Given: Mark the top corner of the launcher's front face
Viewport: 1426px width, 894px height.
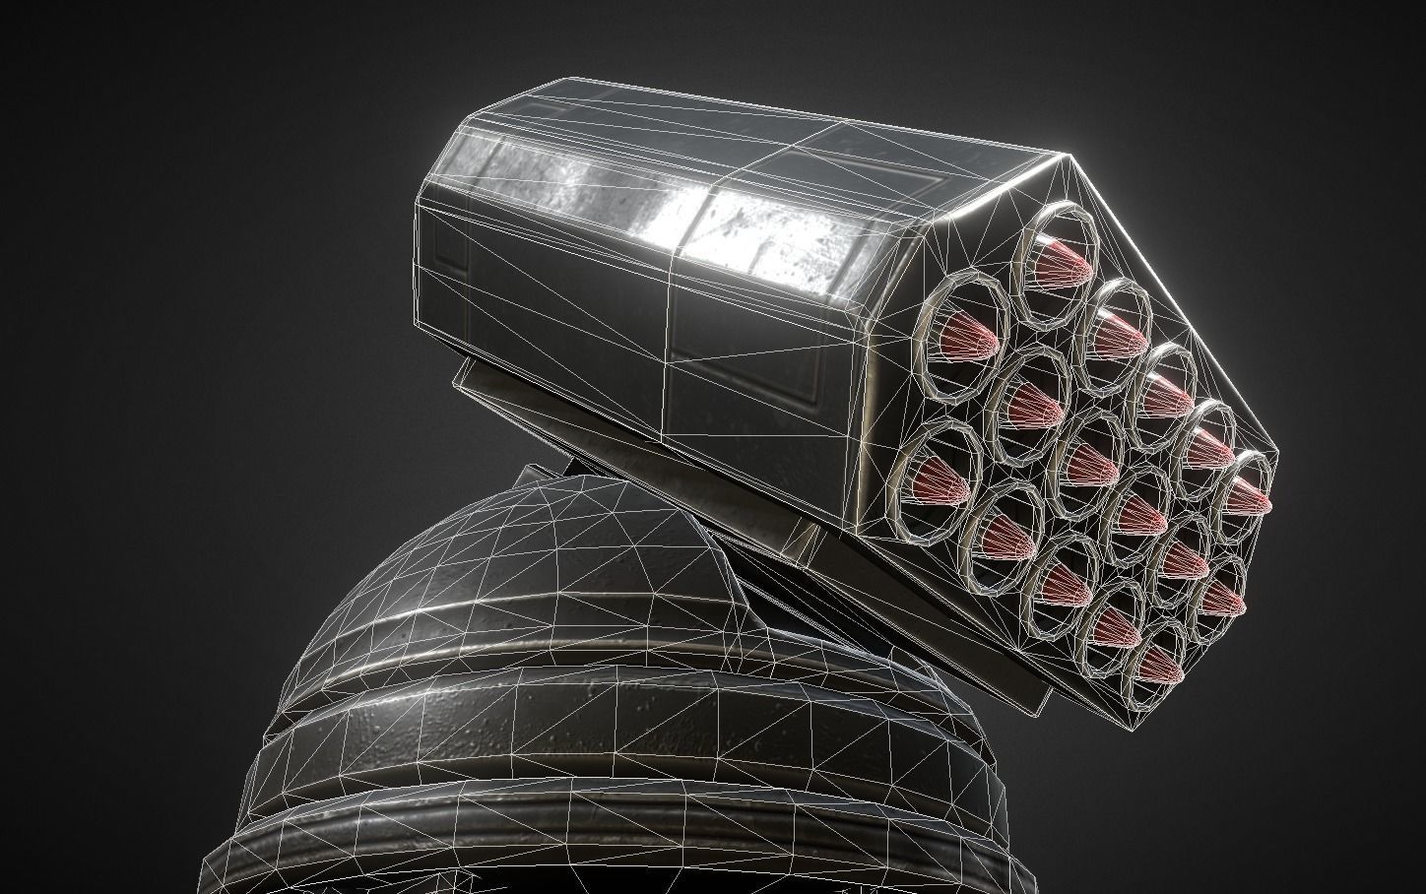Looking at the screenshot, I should click(1068, 157).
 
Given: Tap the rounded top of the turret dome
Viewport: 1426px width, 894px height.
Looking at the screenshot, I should click(571, 512).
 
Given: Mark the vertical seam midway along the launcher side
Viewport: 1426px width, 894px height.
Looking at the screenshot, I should click(672, 325).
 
